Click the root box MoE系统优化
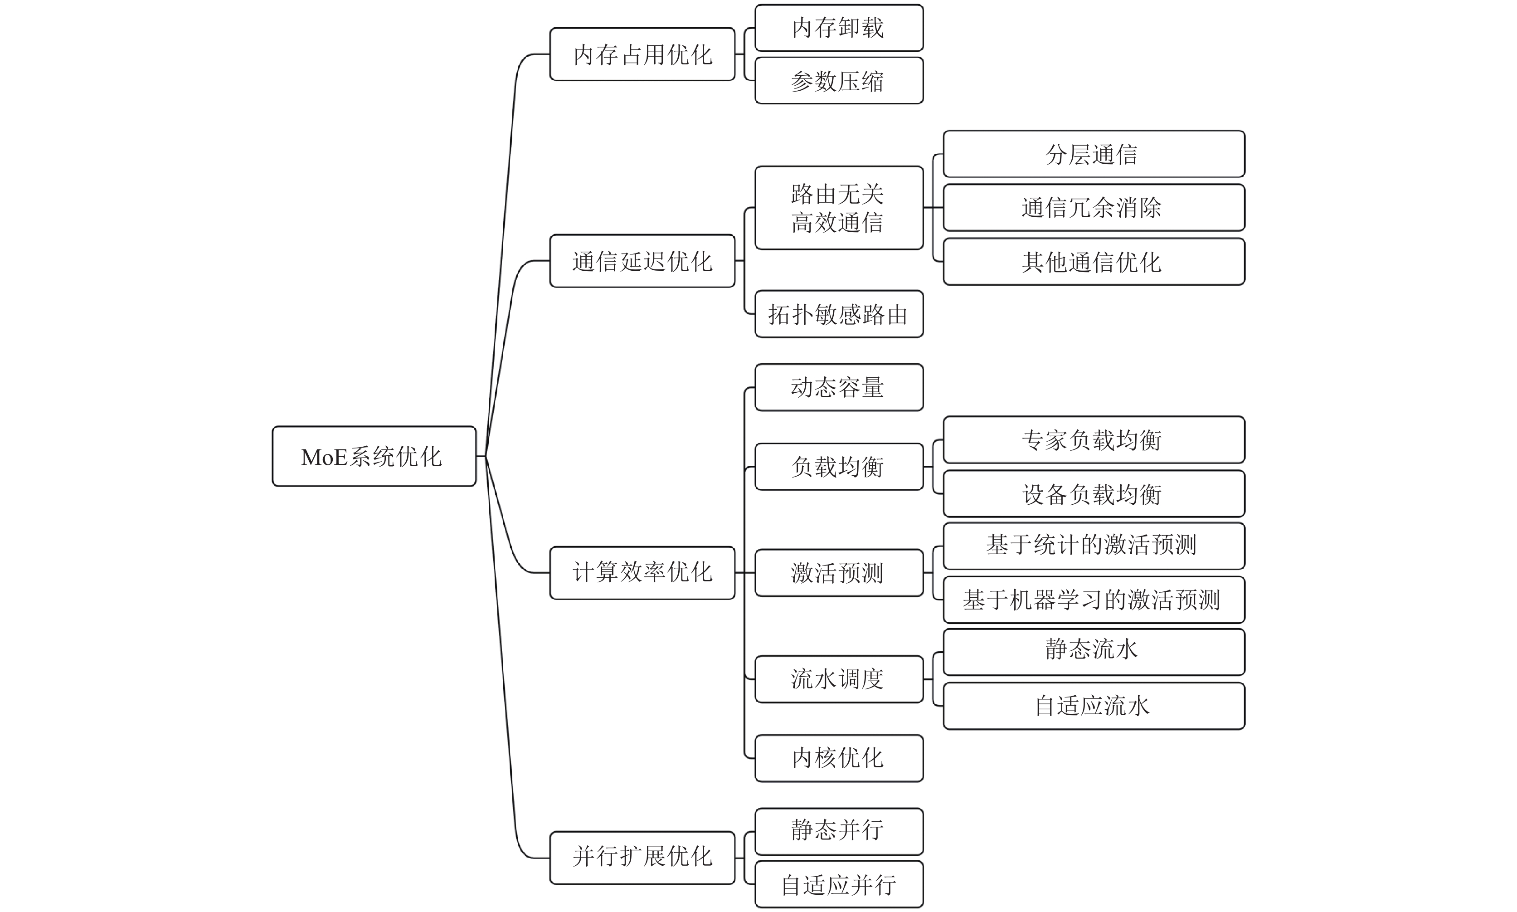pos(374,456)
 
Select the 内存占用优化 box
pos(642,54)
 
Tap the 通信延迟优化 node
pos(642,261)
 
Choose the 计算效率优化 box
pos(642,572)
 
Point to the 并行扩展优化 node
pos(642,857)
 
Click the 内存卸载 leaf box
pos(839,28)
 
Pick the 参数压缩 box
pos(839,81)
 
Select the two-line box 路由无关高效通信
pos(839,208)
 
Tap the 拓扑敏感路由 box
pos(839,314)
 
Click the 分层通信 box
pos(1093,154)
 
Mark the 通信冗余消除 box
pos(1093,208)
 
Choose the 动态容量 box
pos(839,387)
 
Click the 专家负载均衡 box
pos(1093,440)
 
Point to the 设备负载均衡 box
pos(1093,493)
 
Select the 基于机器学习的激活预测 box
pos(1093,599)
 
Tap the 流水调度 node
pos(839,678)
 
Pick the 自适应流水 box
pos(1093,706)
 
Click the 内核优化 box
pos(839,758)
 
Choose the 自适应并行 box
pos(839,884)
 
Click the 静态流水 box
pos(1093,651)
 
